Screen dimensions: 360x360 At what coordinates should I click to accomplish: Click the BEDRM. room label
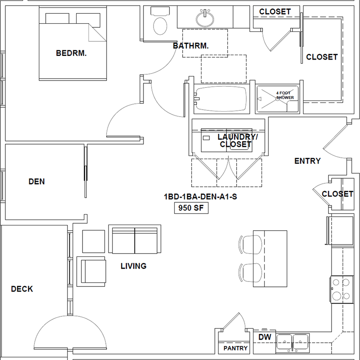71,53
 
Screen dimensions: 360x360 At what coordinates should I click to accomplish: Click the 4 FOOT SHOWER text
285,95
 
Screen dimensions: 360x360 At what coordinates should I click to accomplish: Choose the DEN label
36,181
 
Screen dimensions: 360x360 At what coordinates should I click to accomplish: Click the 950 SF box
191,208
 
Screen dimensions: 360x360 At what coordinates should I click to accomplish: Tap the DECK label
22,289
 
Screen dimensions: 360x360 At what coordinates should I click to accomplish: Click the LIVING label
133,266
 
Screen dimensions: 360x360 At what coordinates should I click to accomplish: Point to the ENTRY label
307,161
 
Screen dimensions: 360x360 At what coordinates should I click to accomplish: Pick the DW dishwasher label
265,337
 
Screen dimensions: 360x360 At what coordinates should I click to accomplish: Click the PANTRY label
235,348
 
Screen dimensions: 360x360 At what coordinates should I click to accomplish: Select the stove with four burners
342,289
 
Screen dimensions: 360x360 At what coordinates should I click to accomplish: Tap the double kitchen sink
293,342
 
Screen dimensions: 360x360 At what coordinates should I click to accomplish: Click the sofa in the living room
135,239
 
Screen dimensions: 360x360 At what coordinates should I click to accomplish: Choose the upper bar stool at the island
250,244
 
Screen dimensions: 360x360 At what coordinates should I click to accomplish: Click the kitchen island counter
270,259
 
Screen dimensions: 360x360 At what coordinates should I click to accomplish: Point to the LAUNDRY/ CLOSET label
238,141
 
